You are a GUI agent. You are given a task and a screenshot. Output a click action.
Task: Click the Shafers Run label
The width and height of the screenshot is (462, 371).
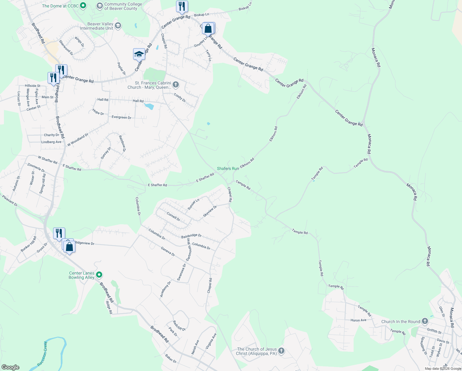[228, 168]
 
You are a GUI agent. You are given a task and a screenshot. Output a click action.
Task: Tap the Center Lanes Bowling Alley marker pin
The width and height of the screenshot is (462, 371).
[99, 275]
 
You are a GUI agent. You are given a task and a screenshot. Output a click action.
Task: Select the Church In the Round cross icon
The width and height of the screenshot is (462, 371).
[425, 322]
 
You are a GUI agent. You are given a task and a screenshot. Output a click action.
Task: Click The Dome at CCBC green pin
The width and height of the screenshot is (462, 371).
[83, 6]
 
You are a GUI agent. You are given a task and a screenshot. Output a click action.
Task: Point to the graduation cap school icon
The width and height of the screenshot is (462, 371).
[139, 54]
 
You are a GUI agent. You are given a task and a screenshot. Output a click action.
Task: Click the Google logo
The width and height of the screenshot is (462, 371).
[10, 367]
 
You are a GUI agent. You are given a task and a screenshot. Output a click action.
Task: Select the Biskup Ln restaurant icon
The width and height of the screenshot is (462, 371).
[182, 6]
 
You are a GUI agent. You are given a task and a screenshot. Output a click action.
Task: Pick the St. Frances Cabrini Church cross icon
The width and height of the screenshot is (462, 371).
[175, 84]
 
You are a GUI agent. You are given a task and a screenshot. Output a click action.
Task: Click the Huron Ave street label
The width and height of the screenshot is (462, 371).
[358, 320]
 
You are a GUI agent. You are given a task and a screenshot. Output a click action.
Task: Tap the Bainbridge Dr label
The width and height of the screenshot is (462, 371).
[191, 236]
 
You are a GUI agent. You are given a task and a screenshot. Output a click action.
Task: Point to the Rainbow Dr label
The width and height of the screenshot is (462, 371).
[122, 143]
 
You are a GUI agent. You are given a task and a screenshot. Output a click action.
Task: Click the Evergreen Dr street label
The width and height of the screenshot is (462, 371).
[121, 117]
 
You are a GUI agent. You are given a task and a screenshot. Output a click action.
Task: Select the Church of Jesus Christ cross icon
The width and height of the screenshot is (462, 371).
[281, 351]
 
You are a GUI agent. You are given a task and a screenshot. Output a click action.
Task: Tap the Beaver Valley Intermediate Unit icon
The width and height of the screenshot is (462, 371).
[118, 26]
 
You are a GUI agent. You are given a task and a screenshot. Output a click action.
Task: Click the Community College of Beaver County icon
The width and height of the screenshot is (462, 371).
[99, 6]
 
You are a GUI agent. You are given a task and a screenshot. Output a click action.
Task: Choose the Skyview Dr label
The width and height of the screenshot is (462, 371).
[210, 211]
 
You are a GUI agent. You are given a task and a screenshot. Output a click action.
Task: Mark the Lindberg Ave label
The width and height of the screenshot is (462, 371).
[51, 142]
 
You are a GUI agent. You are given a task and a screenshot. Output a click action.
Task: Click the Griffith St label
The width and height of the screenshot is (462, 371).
[434, 331]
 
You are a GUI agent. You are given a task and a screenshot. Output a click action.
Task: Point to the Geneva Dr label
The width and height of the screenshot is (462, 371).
[168, 252]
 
